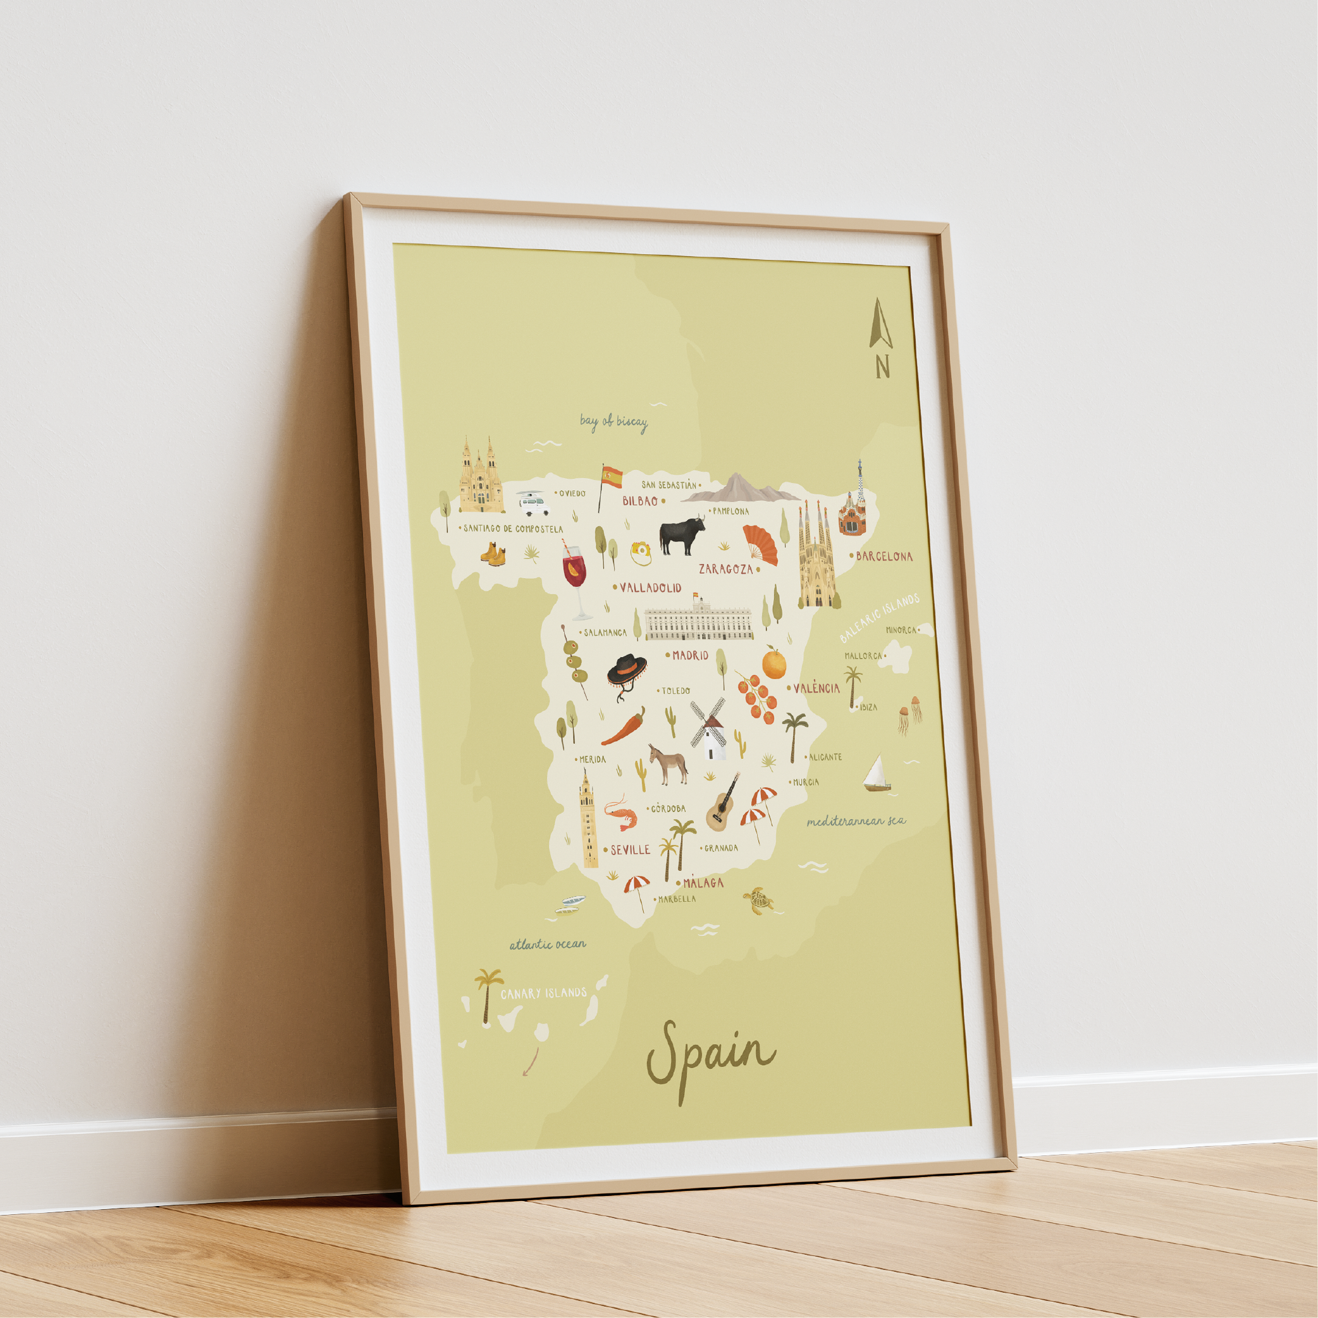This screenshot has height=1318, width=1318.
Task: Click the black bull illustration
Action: tap(681, 536)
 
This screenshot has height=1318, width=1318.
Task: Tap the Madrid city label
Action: tap(690, 655)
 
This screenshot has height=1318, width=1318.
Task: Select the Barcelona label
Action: tap(884, 556)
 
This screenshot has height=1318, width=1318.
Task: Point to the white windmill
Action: tap(709, 730)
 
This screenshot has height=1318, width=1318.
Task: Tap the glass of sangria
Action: tap(575, 577)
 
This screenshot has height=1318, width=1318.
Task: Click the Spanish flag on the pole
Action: tap(610, 477)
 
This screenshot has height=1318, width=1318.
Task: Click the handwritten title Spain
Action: tap(710, 1055)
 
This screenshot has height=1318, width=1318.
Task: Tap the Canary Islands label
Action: tap(543, 994)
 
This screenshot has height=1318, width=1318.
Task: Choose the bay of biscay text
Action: tap(613, 422)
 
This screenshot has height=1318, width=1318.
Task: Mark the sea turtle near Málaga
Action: tap(758, 900)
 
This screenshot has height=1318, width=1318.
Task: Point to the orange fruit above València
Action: tap(774, 663)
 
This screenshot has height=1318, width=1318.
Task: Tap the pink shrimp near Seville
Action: tap(622, 814)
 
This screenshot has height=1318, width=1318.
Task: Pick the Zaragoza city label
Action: tap(725, 569)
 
